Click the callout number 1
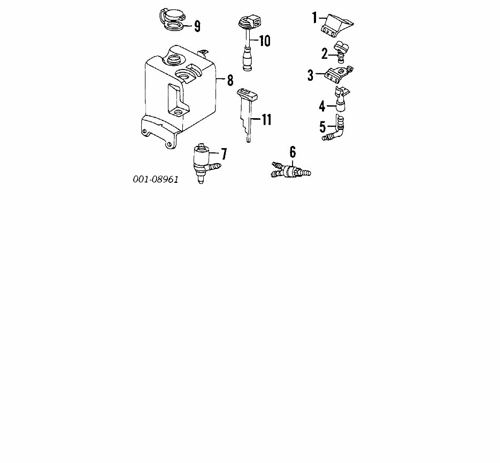(315, 18)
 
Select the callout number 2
(324, 53)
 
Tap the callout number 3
(310, 75)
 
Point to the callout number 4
(322, 106)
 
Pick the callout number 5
(322, 127)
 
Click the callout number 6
(293, 152)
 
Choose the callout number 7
(224, 155)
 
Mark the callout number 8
(230, 81)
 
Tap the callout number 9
(197, 26)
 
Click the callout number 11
(266, 120)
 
